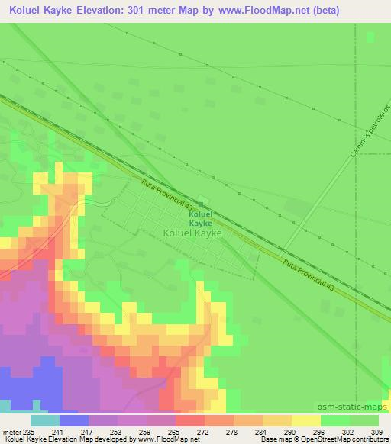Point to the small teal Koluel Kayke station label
coord(200,220)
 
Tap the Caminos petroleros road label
coord(363,138)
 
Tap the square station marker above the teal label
coord(202,201)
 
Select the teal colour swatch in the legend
coord(45,420)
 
